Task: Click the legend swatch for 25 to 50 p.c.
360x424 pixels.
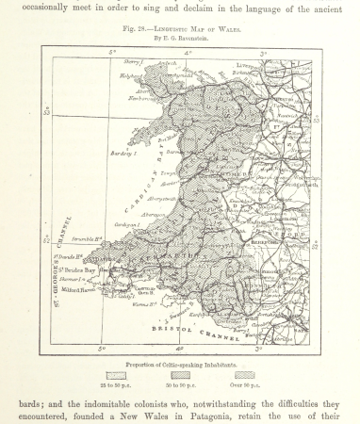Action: [117, 375]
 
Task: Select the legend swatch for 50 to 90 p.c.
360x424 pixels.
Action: [180, 375]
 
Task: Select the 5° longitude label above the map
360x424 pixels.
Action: [111, 54]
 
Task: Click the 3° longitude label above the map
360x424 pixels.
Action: [262, 54]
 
